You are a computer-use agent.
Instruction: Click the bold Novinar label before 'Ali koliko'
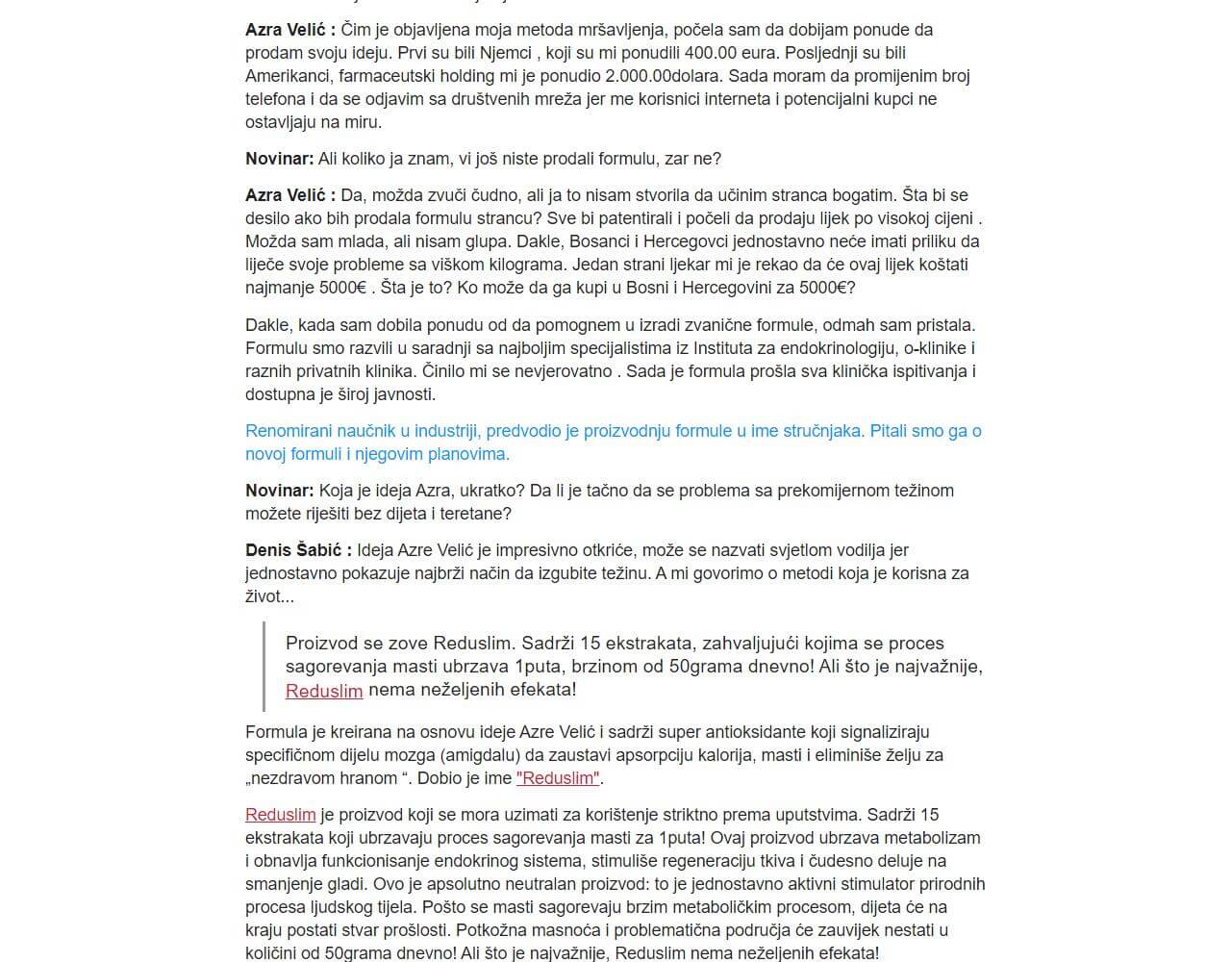click(x=279, y=159)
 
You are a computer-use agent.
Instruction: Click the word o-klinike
click(x=938, y=348)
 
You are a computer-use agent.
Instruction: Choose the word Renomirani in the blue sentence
click(x=289, y=431)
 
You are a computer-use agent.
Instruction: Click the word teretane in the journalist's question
click(x=478, y=514)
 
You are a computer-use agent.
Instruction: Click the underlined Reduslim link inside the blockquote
click(x=324, y=691)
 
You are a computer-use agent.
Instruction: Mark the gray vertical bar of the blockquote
click(x=264, y=667)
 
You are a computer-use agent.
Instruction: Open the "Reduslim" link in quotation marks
click(x=558, y=778)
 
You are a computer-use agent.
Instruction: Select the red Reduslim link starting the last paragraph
click(x=280, y=815)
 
